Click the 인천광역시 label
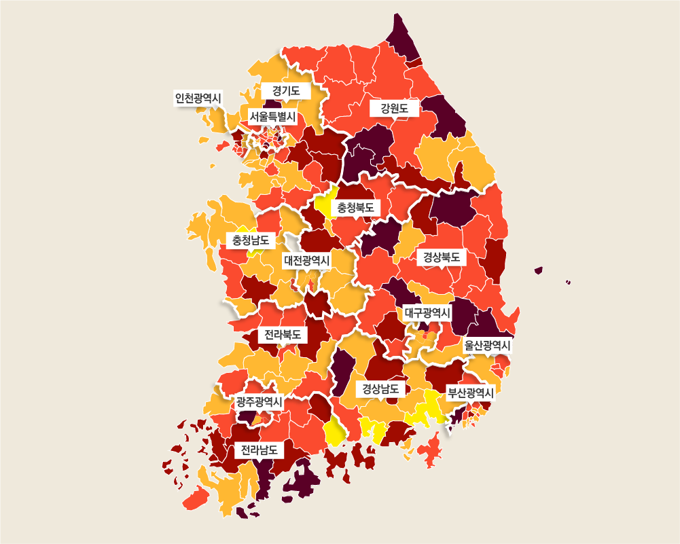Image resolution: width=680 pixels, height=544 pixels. [x=198, y=98]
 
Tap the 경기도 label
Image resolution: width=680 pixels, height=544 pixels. [x=286, y=90]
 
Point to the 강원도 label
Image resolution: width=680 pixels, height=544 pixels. [x=395, y=108]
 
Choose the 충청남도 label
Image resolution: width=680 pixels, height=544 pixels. [x=250, y=240]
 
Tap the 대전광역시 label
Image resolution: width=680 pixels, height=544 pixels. [x=306, y=260]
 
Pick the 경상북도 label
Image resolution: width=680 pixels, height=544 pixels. [x=442, y=257]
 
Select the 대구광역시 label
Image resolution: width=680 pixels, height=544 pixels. [x=427, y=312]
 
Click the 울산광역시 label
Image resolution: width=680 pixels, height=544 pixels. [x=487, y=346]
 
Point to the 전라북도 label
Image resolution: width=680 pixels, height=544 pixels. [x=283, y=335]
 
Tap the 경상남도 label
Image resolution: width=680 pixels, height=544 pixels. [x=380, y=389]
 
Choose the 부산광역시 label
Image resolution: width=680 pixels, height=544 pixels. [x=470, y=393]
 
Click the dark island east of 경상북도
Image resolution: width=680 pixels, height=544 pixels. [x=539, y=270]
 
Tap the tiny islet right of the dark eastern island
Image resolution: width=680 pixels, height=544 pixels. [x=568, y=282]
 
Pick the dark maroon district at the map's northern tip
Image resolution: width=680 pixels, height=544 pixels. [x=401, y=37]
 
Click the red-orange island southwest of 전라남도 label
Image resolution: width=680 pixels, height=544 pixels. [x=196, y=499]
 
